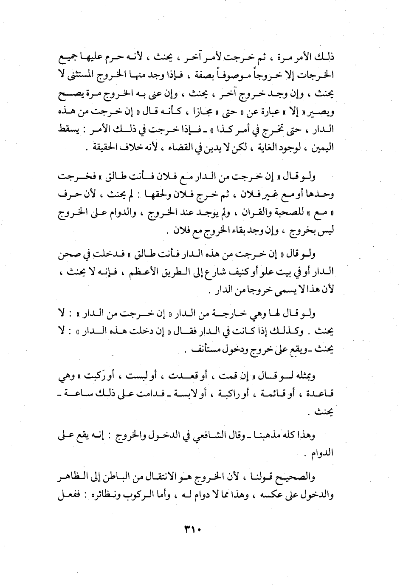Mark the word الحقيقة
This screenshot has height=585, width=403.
click(100, 148)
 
